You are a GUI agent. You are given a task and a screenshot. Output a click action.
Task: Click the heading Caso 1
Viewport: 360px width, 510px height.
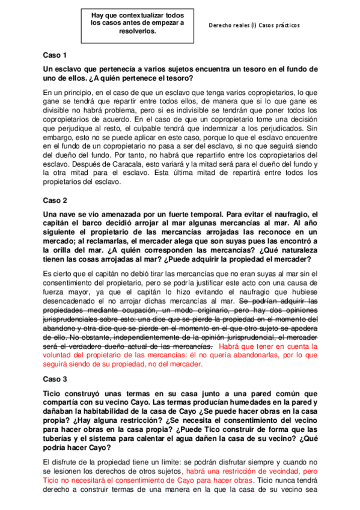coord(55,55)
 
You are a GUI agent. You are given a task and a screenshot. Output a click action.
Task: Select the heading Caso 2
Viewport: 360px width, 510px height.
coord(55,200)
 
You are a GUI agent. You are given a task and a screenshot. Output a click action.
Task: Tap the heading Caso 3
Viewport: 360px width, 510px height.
coord(55,379)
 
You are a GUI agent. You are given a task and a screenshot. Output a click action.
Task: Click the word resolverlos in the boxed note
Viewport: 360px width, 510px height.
coord(138,32)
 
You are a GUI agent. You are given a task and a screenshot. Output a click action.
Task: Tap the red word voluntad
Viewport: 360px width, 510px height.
coord(61,355)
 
